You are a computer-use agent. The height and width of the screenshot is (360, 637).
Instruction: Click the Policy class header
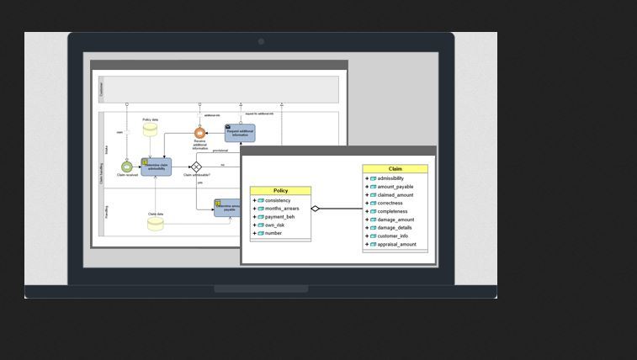(x=280, y=191)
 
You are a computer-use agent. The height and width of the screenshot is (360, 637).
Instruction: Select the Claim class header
(x=395, y=169)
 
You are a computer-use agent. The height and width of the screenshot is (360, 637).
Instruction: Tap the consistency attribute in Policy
(x=277, y=200)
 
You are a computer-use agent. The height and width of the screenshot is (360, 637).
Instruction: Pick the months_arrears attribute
(x=281, y=209)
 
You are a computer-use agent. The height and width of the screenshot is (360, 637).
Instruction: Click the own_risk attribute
(x=274, y=225)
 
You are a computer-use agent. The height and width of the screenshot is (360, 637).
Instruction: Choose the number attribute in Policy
(x=273, y=233)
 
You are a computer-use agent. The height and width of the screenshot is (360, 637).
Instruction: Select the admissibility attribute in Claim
(x=390, y=178)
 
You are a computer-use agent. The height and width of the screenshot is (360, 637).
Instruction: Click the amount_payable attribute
(x=395, y=187)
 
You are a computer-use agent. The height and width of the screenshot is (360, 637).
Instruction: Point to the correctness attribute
(x=390, y=203)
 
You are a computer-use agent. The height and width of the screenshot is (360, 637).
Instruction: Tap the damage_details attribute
(x=394, y=228)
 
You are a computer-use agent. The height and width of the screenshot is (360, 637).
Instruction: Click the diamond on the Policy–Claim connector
(x=316, y=209)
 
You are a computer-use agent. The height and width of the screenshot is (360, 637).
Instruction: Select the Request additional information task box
(x=240, y=133)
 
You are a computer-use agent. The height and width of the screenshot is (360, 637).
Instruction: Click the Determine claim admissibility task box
(x=156, y=167)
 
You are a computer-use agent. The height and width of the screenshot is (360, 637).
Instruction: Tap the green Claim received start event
(x=127, y=167)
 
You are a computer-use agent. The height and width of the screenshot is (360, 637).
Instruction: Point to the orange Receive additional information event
(x=199, y=133)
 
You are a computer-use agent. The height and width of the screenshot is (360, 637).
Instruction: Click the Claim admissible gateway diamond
(x=196, y=167)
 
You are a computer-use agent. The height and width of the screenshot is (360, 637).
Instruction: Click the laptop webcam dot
(x=261, y=41)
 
